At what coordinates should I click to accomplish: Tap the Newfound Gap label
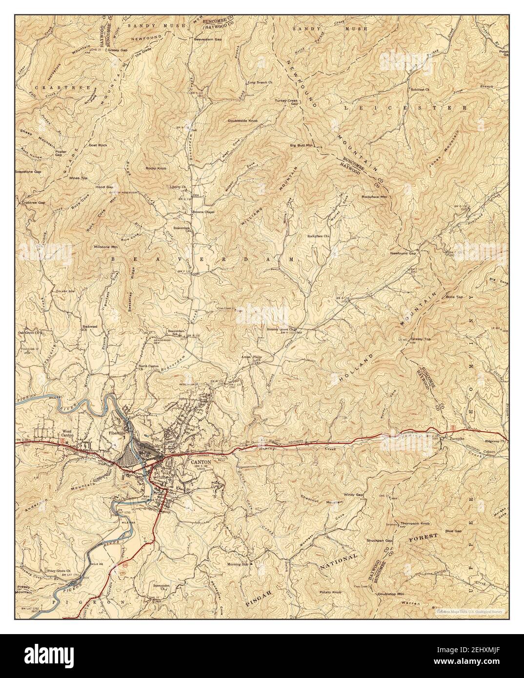click(403, 253)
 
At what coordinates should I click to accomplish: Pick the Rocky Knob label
click(156, 168)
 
